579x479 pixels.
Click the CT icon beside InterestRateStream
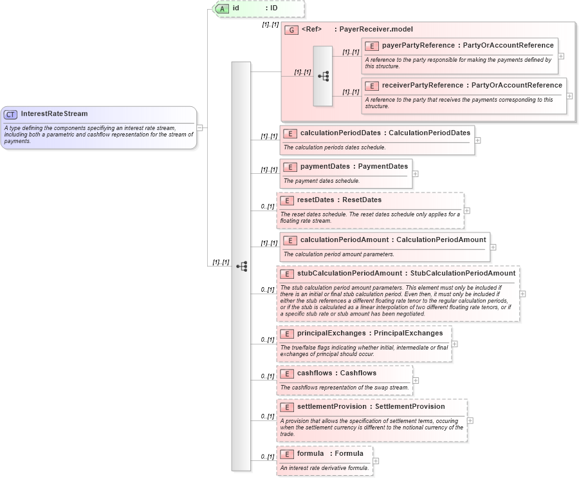coord(10,114)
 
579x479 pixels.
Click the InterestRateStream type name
coord(54,114)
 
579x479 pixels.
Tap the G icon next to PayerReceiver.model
coord(291,30)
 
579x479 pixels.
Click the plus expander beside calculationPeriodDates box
coord(477,140)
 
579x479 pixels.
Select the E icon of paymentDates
coord(290,167)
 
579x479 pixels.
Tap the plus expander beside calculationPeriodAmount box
coord(493,247)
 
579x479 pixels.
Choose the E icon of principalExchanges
coord(287,333)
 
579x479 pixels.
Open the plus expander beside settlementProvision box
coord(470,420)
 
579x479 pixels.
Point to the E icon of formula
coord(287,454)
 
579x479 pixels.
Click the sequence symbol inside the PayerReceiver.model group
coord(323,76)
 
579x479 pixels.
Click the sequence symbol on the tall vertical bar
coord(241,266)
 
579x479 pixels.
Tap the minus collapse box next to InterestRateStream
coord(199,127)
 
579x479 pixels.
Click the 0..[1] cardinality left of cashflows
coord(268,376)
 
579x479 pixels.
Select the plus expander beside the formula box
coord(376,460)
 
